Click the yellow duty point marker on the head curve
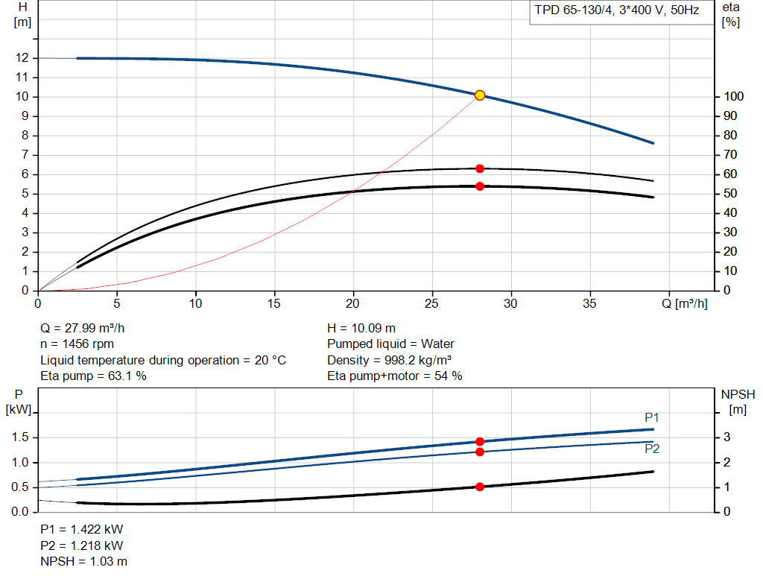point(480,95)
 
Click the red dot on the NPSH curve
point(480,487)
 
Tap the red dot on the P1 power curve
point(480,442)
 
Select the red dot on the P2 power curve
point(480,452)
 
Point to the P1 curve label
point(651,417)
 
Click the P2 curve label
point(652,449)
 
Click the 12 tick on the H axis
point(22,58)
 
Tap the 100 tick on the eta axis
point(733,96)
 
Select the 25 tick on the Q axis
point(431,303)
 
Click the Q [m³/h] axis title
point(685,303)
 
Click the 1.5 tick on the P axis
point(20,437)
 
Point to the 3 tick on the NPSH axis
point(726,437)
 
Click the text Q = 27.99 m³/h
point(82,329)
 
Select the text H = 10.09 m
point(361,329)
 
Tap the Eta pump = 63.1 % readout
point(93,376)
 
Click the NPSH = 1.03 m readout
point(83,562)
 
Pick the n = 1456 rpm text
point(77,344)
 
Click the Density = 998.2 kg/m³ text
point(389,360)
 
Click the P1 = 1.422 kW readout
point(82,529)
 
